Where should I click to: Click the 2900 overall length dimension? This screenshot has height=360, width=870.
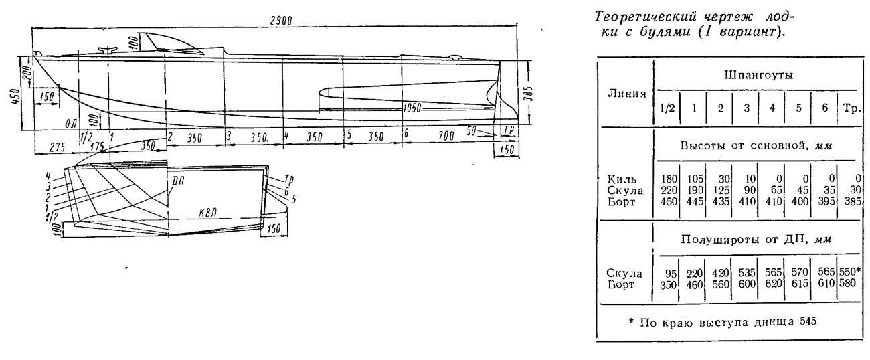pos(281,21)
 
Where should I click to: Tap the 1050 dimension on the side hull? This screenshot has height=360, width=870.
pos(412,108)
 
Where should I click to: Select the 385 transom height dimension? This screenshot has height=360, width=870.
pos(527,94)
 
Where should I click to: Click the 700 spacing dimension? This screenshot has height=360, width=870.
pos(446,136)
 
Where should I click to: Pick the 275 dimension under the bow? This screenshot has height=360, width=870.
pos(58,147)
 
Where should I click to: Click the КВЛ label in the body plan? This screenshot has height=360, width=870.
pos(207,212)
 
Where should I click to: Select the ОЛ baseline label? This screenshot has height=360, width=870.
pos(71,124)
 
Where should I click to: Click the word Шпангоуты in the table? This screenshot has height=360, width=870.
pos(758,76)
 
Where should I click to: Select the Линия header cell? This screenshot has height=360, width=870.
pos(627,94)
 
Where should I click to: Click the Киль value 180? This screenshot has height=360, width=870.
pos(669,179)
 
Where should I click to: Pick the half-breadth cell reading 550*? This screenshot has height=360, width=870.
pos(850,272)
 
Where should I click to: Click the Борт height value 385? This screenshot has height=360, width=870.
pos(852,201)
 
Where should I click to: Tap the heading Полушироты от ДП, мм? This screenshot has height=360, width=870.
pos(756,240)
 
